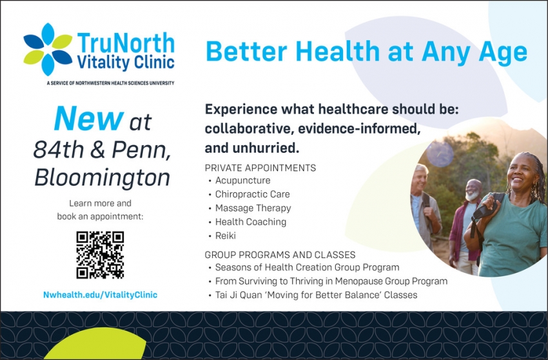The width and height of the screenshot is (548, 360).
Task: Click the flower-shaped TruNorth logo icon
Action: [48, 49]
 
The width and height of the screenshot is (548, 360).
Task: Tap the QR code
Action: [100, 255]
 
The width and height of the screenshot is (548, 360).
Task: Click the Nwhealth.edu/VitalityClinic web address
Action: [100, 295]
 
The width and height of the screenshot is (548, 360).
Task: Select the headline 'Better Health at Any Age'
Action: [366, 52]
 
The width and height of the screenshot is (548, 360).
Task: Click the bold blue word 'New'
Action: [88, 119]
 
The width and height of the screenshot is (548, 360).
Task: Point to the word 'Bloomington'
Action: [102, 177]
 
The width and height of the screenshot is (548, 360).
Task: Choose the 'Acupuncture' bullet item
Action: [242, 181]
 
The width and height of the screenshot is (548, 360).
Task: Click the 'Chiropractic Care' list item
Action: [252, 194]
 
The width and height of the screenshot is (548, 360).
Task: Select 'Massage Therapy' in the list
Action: [253, 208]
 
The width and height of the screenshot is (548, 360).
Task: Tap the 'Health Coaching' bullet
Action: [250, 222]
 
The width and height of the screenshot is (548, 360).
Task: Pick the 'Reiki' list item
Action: [225, 236]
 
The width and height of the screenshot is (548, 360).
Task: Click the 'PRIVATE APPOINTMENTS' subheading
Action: [260, 168]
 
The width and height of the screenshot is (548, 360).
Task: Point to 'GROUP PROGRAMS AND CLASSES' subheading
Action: [280, 255]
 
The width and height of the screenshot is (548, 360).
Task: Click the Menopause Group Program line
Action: [331, 281]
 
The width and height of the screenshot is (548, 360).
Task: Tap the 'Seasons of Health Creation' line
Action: [307, 267]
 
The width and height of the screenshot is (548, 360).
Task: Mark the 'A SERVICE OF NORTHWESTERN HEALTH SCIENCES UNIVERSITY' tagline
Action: [110, 83]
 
